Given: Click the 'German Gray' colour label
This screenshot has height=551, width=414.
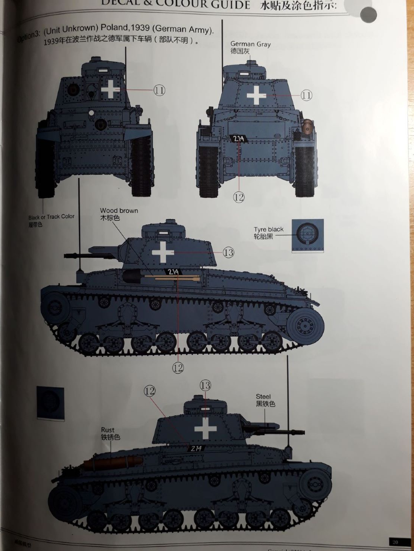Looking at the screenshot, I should pos(250,44).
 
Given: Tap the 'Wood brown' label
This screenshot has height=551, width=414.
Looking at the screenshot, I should pos(119,211).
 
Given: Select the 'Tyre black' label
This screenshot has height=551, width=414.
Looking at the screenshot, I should pos(268,229).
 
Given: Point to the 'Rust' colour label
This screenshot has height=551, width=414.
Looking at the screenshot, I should pos(108,430).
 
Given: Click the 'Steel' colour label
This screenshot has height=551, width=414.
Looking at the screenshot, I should pos(263,397).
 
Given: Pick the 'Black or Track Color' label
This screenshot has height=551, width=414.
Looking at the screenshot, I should pos(51,217).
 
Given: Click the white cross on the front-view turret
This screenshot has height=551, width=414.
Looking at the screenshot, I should pos(111,89).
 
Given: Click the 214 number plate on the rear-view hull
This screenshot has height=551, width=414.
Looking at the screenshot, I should pos(239,139).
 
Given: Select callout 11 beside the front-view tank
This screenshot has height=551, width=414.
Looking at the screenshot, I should pos(159,90).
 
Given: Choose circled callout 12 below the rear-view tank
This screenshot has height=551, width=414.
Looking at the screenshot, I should pos(239,197).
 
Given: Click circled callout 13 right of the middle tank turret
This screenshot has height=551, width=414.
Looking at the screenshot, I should pos(228,252).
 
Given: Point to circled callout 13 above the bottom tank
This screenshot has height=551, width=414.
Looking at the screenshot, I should pos(205,385).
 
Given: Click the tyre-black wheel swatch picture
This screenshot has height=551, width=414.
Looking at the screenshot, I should pos(307,236).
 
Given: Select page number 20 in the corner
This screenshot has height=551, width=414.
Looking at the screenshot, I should pos(395,542).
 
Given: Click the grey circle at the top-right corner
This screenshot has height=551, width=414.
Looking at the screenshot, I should pos(368,15).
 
